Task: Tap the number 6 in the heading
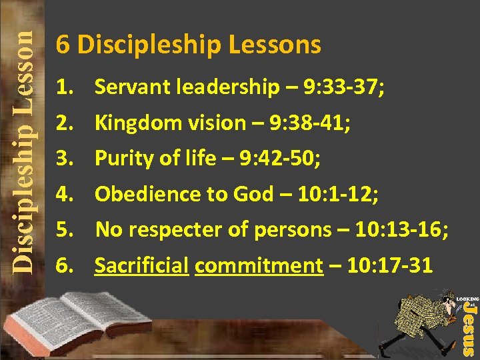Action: point(63,45)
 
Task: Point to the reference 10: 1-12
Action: point(340,194)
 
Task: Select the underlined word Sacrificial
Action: point(141,266)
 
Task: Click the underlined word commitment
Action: point(259,266)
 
